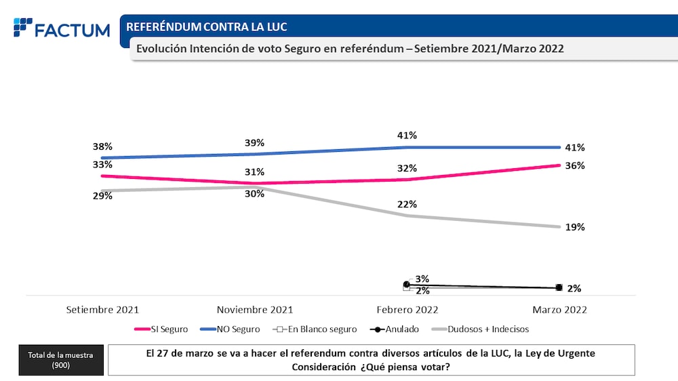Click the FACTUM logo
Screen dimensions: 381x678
(62, 29)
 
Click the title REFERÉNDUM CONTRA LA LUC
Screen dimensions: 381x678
(206, 27)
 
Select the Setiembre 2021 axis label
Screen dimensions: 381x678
(102, 310)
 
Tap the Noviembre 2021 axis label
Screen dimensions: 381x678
(255, 310)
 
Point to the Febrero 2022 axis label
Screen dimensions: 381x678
(407, 310)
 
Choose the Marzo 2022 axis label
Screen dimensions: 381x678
(559, 310)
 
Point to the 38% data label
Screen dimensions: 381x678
(102, 146)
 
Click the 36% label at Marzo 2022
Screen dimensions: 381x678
(575, 165)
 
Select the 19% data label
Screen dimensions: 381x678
(575, 227)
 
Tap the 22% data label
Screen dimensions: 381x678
(407, 204)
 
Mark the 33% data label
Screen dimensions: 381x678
(102, 164)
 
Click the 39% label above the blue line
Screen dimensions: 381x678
(255, 143)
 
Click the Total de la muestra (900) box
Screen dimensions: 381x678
(60, 360)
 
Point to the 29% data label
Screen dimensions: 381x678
(102, 196)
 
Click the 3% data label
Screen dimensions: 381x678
(422, 279)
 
